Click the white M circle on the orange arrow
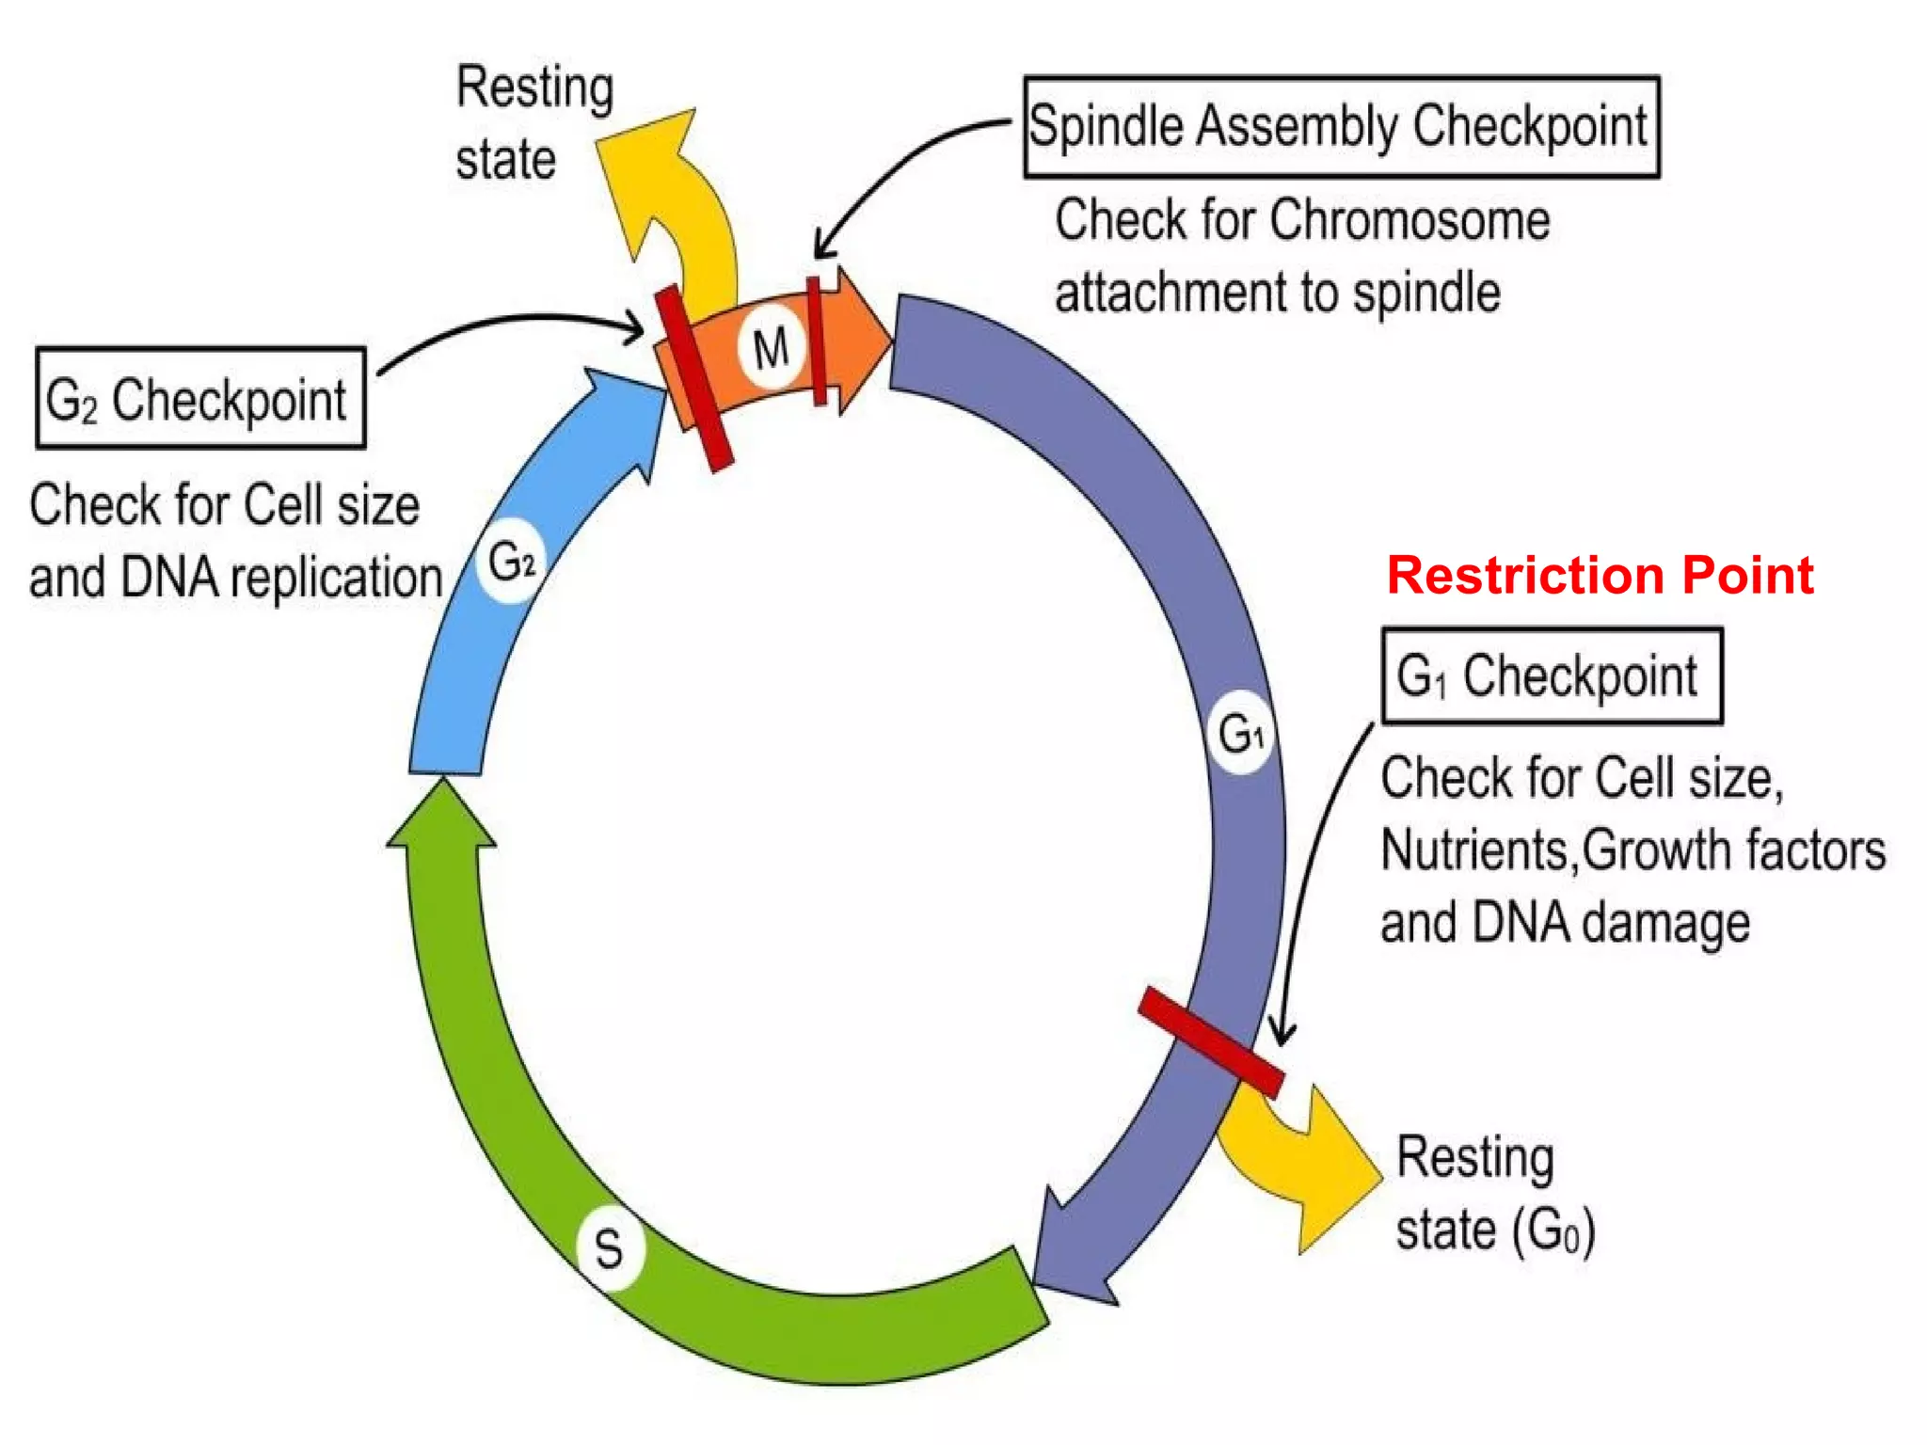click(771, 348)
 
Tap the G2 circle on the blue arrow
click(511, 562)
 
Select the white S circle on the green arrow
click(610, 1248)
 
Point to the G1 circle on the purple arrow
click(1240, 733)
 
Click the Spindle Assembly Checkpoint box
click(1340, 127)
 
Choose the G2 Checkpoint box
click(199, 398)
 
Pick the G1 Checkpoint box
click(1551, 675)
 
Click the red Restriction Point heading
click(1600, 575)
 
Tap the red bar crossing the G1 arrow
click(1210, 1041)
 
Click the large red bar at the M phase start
click(694, 378)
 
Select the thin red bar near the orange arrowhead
click(817, 341)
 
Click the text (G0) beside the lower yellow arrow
click(1553, 1230)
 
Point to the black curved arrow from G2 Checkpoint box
click(508, 325)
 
